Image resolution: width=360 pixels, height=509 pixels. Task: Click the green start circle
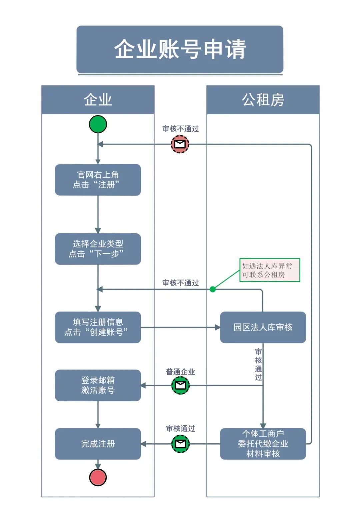(98, 124)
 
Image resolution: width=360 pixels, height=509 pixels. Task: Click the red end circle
(98, 477)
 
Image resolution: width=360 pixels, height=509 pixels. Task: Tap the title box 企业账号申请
(180, 49)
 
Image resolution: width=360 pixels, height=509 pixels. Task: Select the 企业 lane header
(98, 100)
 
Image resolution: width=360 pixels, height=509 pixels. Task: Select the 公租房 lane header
(263, 100)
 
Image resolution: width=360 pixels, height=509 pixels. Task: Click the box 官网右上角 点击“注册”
(98, 180)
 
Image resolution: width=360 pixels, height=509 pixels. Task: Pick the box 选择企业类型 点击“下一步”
(98, 249)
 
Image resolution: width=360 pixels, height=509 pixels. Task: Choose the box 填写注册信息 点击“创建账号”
(98, 327)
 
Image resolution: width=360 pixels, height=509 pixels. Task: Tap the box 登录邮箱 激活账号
(98, 385)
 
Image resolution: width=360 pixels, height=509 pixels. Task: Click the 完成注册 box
(98, 444)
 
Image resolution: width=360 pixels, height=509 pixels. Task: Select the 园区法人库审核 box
(263, 327)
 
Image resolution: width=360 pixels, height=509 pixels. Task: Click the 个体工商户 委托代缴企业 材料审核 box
(263, 444)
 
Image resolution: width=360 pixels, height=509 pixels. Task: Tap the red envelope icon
(180, 144)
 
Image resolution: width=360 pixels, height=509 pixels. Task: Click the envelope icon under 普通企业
(180, 385)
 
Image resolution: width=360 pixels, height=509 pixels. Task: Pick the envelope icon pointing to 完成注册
(180, 444)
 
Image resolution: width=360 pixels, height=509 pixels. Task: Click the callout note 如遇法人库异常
(270, 270)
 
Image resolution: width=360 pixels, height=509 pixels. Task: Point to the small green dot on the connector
(213, 289)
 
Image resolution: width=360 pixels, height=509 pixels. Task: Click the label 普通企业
(180, 372)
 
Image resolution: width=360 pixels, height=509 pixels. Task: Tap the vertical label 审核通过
(258, 364)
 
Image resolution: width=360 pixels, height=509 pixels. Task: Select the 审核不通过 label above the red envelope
(180, 129)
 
